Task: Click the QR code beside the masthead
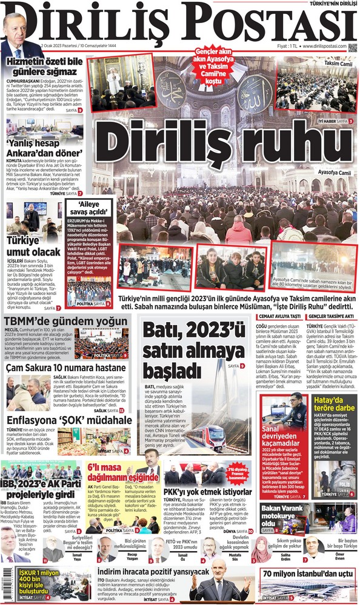[353, 46]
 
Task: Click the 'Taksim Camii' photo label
[338, 64]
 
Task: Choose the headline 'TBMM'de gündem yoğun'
[67, 320]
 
